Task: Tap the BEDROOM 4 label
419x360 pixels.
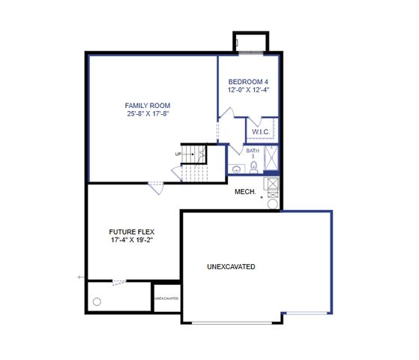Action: (x=249, y=81)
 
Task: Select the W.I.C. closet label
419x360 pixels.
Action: (x=261, y=132)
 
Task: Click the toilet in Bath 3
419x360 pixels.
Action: (x=254, y=166)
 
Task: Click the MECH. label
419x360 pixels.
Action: (x=246, y=192)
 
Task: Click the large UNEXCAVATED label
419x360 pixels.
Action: (x=232, y=267)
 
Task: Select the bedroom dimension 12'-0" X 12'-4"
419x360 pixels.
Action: (x=249, y=90)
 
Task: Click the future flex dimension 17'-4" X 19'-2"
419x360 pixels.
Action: (x=132, y=241)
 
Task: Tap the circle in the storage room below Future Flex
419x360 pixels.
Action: (x=97, y=301)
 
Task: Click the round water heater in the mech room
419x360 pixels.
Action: (x=272, y=203)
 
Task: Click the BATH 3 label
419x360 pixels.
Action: (x=253, y=154)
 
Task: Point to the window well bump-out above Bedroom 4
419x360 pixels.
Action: (x=250, y=42)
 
